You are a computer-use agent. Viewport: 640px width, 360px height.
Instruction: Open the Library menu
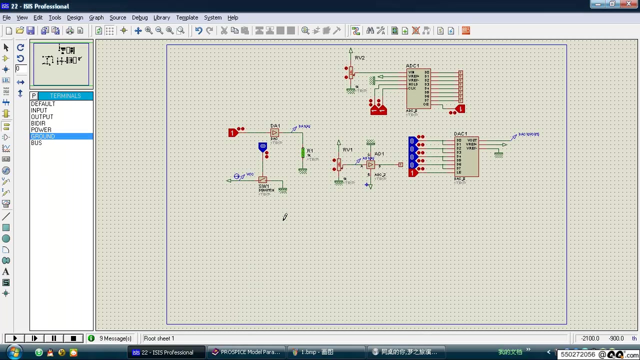[161, 17]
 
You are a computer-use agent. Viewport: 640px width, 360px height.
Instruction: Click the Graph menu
[96, 17]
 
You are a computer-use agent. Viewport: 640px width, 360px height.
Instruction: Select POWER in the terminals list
[41, 129]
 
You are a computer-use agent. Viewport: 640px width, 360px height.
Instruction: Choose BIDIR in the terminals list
[38, 123]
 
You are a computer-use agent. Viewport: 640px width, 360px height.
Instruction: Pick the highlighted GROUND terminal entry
[43, 136]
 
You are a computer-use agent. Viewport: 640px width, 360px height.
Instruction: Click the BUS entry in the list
[36, 143]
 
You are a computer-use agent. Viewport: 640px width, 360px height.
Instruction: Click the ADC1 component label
[412, 65]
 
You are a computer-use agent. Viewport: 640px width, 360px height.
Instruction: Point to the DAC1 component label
[460, 133]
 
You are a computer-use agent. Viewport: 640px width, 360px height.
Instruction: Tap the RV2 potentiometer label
[359, 58]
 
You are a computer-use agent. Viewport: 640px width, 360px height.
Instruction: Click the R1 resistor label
[310, 150]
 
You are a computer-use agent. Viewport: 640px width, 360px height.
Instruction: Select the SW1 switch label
[263, 186]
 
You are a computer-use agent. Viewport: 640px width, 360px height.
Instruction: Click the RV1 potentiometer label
[347, 150]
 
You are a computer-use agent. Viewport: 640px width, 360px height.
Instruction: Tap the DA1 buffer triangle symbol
[274, 132]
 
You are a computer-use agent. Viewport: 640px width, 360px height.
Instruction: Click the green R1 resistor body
[302, 152]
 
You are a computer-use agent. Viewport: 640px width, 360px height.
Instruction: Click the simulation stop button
[73, 338]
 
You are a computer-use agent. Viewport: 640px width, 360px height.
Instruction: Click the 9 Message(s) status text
[115, 338]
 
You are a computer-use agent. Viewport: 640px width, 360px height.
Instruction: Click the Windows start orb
[13, 352]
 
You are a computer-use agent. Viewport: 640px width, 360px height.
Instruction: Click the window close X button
[628, 4]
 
